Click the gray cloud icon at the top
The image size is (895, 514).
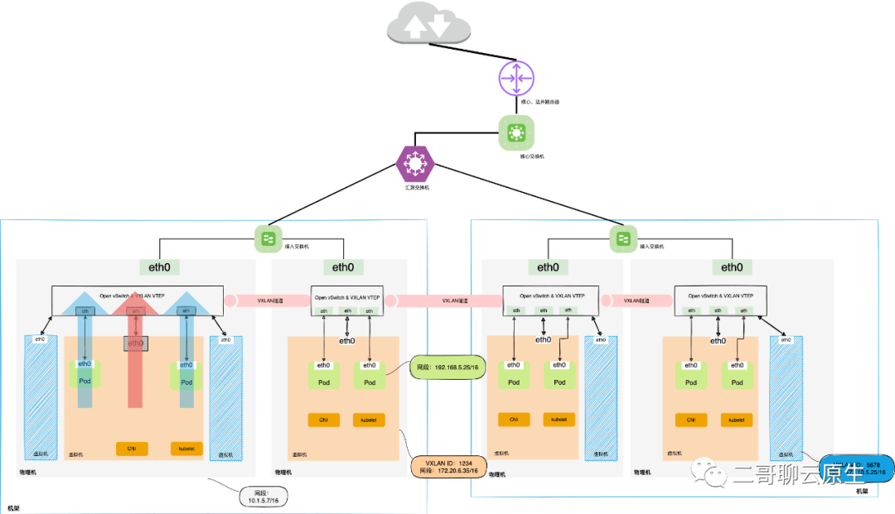429,26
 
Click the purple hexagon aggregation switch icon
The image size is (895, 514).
414,164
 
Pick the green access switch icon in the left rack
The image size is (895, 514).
268,239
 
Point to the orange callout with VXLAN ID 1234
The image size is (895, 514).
448,466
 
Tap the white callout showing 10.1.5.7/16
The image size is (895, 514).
264,497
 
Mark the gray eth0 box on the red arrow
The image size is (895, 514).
136,343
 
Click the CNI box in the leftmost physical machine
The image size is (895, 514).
131,449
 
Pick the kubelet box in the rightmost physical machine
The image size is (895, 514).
736,420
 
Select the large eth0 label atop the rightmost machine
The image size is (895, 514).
732,267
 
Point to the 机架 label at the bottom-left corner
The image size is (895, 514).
14,507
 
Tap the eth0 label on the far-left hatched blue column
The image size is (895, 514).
39,339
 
